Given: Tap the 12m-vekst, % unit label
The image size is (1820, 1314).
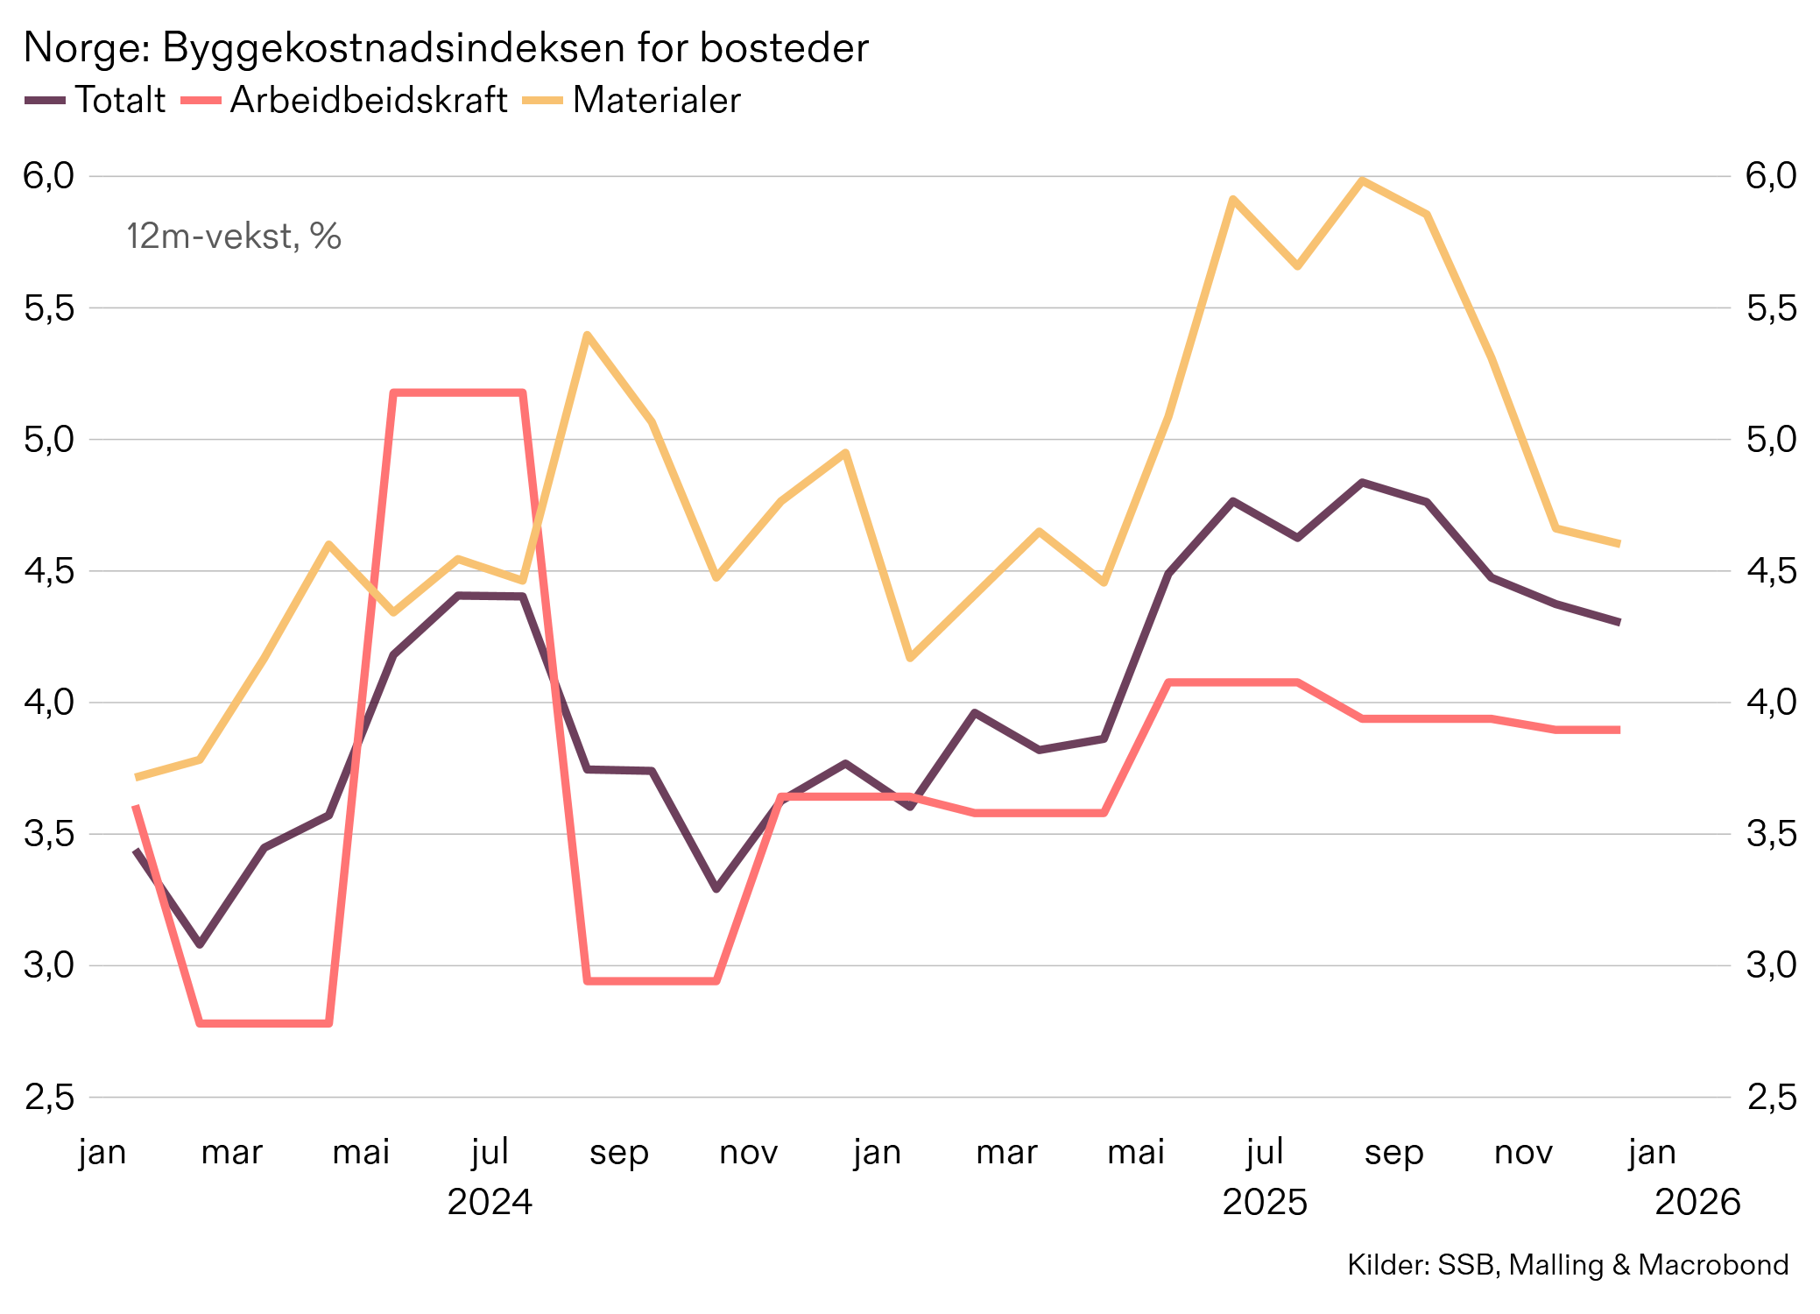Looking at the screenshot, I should (233, 237).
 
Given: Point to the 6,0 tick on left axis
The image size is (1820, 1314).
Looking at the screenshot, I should (49, 176).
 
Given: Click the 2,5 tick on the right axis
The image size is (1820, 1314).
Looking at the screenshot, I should (1771, 1097).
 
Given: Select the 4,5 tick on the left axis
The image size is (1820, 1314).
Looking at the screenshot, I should (49, 571).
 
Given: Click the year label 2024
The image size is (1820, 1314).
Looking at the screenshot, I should (490, 1202).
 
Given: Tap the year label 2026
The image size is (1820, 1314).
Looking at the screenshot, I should (1697, 1202).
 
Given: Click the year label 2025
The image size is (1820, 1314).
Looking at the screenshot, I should (1265, 1202).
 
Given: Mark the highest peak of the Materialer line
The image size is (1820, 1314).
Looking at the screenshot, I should (1362, 180).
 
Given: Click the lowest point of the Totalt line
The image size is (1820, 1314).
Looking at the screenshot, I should (200, 944).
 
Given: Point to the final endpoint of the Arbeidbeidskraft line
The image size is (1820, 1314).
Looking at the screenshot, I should (1619, 730).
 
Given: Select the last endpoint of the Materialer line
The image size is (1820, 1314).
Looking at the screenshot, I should (1619, 544).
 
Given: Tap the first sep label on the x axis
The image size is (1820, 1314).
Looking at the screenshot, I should (618, 1152).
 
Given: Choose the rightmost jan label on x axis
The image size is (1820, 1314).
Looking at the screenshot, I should (1652, 1152).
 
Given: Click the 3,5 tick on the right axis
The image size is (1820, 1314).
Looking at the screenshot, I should (1771, 834).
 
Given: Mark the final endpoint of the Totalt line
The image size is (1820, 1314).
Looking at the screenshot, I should (1619, 622).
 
